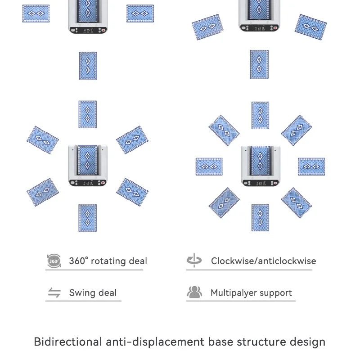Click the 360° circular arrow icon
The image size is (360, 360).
click(x=54, y=261)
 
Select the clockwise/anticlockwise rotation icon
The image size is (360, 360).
click(x=194, y=261)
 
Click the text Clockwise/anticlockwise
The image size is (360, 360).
click(x=263, y=261)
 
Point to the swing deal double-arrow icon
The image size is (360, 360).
click(x=54, y=293)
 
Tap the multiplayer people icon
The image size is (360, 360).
click(x=194, y=292)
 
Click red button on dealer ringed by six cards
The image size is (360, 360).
click(x=103, y=183)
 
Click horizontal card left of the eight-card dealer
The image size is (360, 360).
click(x=209, y=166)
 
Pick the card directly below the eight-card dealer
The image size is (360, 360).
click(x=260, y=218)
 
